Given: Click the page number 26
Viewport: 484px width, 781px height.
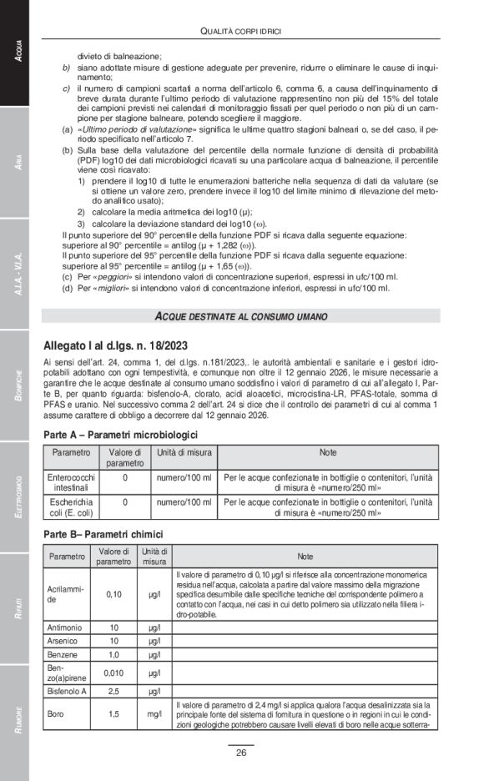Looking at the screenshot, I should pyautogui.click(x=241, y=753).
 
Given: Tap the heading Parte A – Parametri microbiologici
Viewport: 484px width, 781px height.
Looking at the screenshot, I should pyautogui.click(x=120, y=435).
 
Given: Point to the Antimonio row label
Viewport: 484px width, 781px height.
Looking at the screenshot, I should pyautogui.click(x=66, y=627).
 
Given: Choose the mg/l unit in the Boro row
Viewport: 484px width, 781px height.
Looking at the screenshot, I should pyautogui.click(x=154, y=715).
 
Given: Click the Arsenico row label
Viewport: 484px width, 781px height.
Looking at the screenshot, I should pyautogui.click(x=64, y=640).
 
